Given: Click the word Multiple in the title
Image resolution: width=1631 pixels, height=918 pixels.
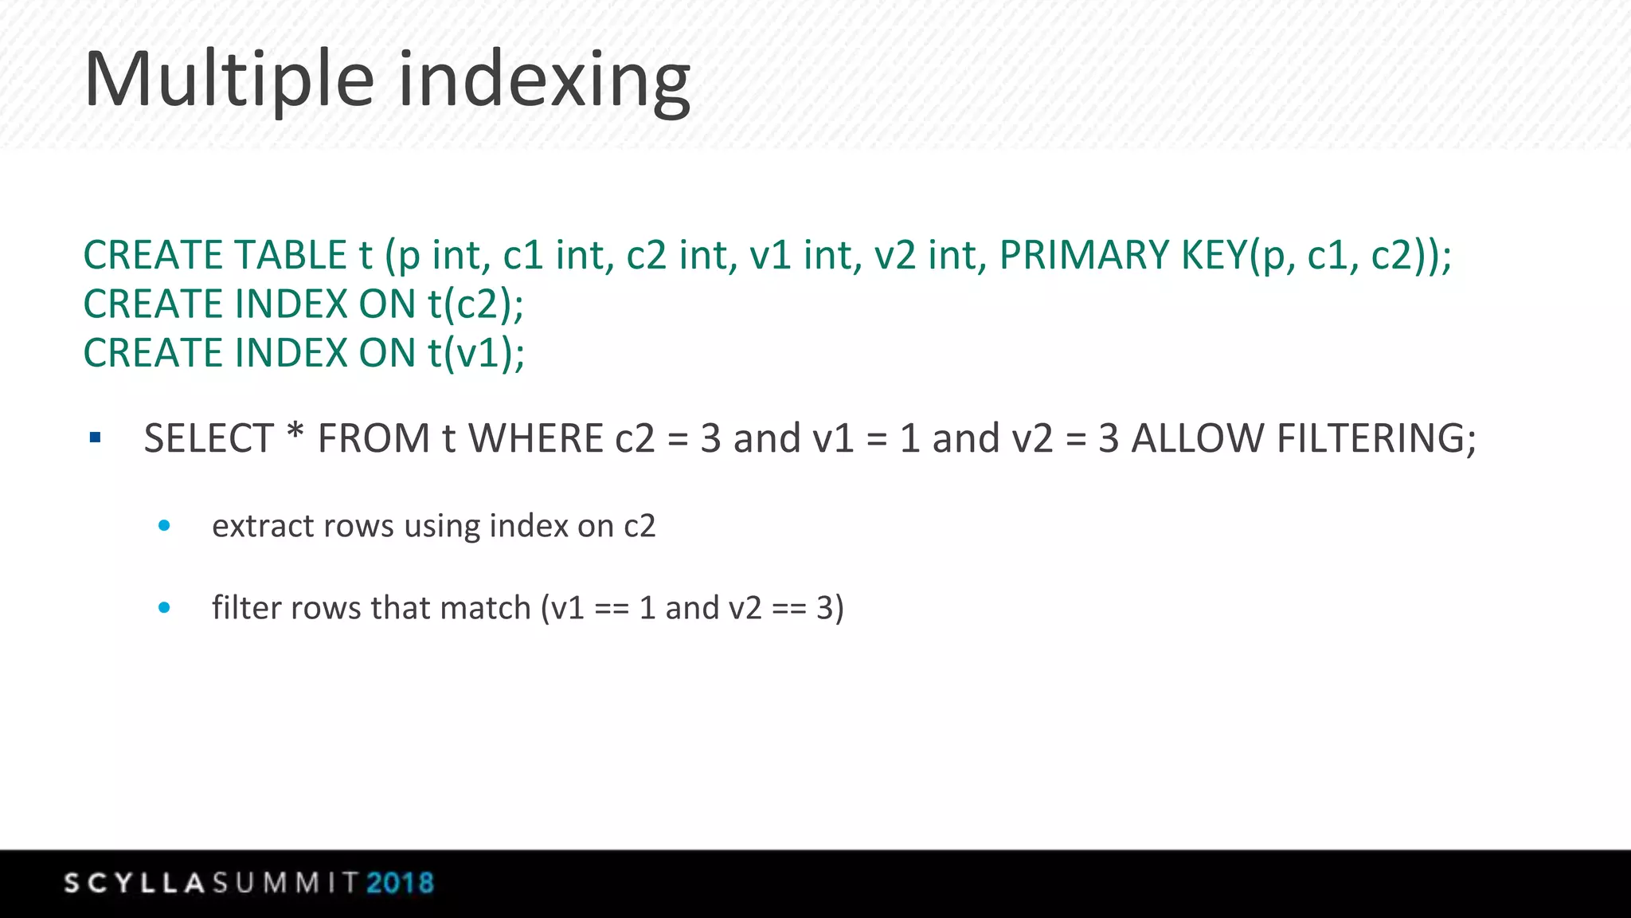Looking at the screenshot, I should coord(229,80).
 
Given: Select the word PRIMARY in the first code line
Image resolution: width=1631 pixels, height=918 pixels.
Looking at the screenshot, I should coord(1085,256).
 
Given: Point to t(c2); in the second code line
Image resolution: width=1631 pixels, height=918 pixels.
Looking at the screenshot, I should coord(475,305).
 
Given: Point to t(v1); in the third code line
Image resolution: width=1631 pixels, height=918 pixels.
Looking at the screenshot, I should coord(476,354).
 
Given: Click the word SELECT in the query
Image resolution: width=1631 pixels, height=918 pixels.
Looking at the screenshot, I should coord(209,439).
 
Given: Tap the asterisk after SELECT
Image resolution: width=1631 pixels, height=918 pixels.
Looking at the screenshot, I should coord(295,434).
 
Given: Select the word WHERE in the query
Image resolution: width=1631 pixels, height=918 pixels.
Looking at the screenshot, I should coord(536,439).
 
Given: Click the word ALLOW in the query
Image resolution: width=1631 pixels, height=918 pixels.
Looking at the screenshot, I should coord(1197,439).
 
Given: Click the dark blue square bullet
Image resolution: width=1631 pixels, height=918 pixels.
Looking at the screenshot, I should coord(96,437).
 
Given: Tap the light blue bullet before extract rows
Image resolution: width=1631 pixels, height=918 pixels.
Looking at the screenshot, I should coord(164,525).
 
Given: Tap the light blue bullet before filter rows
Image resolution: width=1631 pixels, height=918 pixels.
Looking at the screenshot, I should coord(164,607).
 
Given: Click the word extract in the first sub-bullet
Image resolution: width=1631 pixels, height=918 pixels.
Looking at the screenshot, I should coord(252,527).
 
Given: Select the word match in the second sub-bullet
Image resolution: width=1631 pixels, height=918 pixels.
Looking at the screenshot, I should coord(485,608).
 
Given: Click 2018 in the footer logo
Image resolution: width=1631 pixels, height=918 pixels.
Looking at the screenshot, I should coord(400,883).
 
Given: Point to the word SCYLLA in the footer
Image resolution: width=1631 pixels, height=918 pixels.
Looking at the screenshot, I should coord(135,883).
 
